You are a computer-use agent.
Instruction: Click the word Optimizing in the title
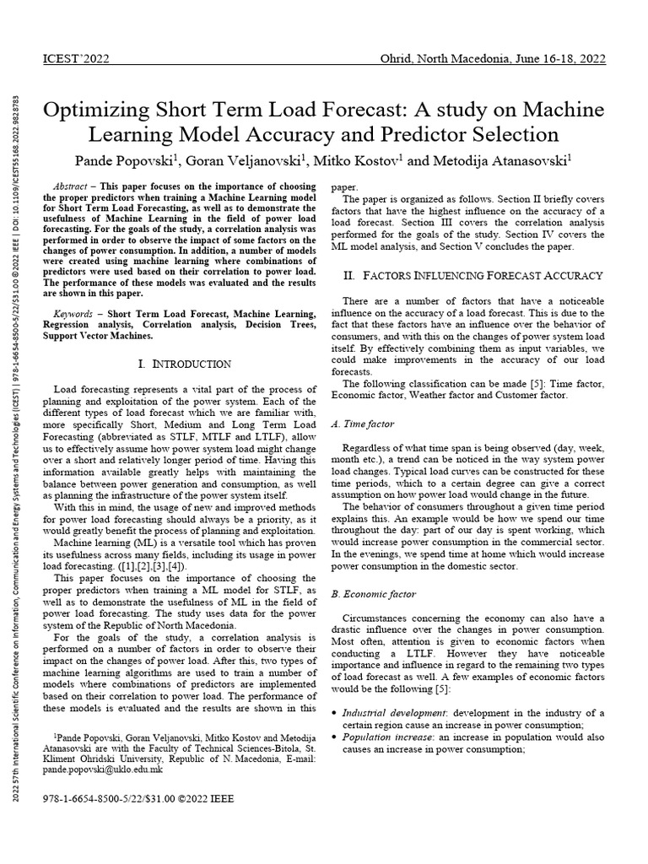[99, 111]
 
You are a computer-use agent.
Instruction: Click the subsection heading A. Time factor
[362, 424]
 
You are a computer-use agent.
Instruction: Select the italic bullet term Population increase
[390, 737]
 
